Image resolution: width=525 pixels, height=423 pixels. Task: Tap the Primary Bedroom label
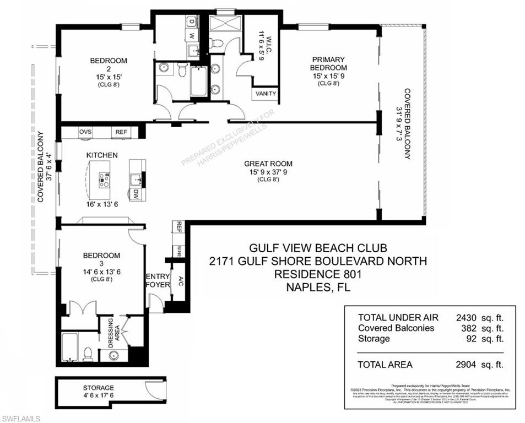[328, 63]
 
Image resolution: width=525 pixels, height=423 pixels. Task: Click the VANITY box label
[266, 94]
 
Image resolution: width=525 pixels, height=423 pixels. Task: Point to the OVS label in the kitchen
[85, 132]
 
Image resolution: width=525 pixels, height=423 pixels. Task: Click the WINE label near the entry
[180, 251]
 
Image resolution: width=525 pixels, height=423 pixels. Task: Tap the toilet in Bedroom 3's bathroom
[88, 354]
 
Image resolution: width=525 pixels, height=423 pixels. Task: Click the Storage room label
[99, 388]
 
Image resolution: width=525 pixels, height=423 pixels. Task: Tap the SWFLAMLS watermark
[21, 419]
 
